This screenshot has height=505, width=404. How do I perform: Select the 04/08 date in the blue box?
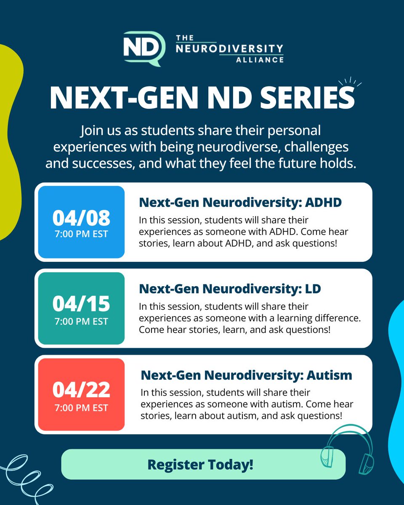click(81, 218)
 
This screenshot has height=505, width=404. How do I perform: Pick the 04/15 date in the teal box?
click(81, 304)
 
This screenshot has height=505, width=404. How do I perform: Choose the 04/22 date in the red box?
click(81, 390)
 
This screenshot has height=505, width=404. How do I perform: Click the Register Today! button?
click(203, 464)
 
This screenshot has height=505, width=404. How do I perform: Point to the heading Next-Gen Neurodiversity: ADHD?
click(240, 202)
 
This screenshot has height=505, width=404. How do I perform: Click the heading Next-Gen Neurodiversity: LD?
click(230, 289)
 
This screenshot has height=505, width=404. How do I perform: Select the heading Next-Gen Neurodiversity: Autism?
click(246, 375)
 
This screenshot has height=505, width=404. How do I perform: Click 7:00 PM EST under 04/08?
click(81, 234)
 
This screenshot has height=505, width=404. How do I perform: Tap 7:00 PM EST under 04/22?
click(81, 407)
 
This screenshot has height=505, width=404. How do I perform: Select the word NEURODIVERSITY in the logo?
click(229, 49)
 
